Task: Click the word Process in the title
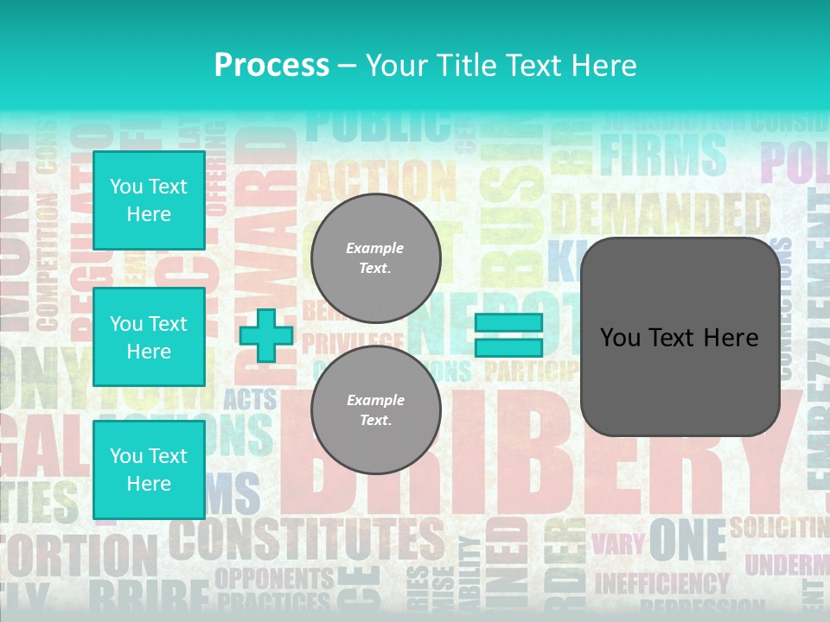coord(271,65)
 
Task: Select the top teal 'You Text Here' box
coord(149,200)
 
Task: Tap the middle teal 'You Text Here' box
coord(149,337)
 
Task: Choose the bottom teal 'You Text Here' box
coord(149,469)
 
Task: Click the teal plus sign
coord(266,336)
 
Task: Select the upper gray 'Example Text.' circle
coord(375,258)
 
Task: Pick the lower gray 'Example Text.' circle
coord(375,410)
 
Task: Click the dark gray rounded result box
coord(680,337)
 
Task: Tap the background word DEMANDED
coord(661,213)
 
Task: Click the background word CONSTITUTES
coord(306,541)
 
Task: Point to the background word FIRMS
coord(663,155)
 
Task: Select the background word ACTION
coord(380,180)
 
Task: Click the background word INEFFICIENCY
coord(661,584)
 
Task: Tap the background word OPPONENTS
coord(273,577)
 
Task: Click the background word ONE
coord(687,540)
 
